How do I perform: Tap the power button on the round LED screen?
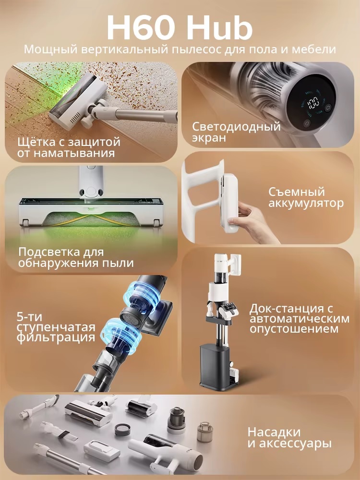pos(307,123)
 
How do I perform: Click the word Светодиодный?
pos(236,126)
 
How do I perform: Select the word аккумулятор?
pos(306,204)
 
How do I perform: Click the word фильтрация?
pos(56,337)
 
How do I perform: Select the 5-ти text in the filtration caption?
pos(30,316)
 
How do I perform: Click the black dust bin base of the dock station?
pos(217,365)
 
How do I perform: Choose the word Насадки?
pos(274,432)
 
